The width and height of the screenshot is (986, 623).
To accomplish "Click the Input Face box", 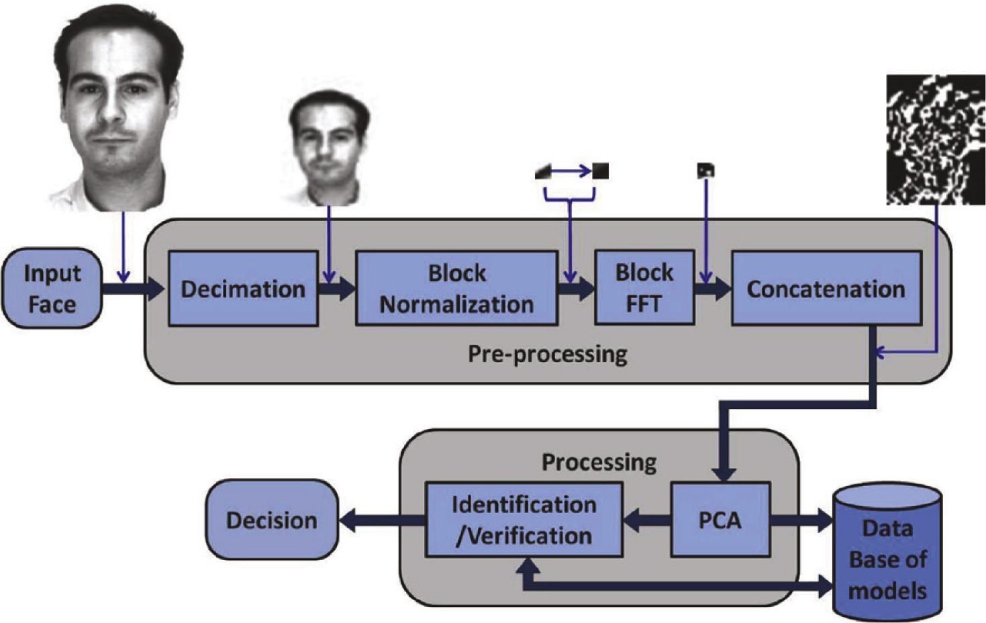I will tap(52, 289).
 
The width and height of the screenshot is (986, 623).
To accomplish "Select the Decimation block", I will tap(242, 289).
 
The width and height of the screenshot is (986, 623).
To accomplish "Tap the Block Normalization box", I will tap(456, 289).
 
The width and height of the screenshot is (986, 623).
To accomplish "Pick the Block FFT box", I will tap(644, 288).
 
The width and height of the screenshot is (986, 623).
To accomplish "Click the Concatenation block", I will tap(826, 289).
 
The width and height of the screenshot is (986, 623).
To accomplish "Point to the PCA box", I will tap(720, 520).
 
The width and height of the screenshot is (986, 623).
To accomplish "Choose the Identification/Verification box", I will tap(524, 520).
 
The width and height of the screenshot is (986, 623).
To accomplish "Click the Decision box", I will tap(271, 520).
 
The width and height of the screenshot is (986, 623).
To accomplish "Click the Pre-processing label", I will tap(547, 354).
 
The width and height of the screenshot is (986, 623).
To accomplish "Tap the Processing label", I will tap(599, 462).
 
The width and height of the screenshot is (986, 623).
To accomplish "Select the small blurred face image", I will tap(328, 148).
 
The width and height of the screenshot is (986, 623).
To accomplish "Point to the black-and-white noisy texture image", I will tap(935, 140).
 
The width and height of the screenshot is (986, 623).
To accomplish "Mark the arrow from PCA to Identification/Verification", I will tap(646, 520).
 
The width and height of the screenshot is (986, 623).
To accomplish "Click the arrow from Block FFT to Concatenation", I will tap(712, 289).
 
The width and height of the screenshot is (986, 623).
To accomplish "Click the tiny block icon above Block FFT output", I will tap(705, 171).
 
